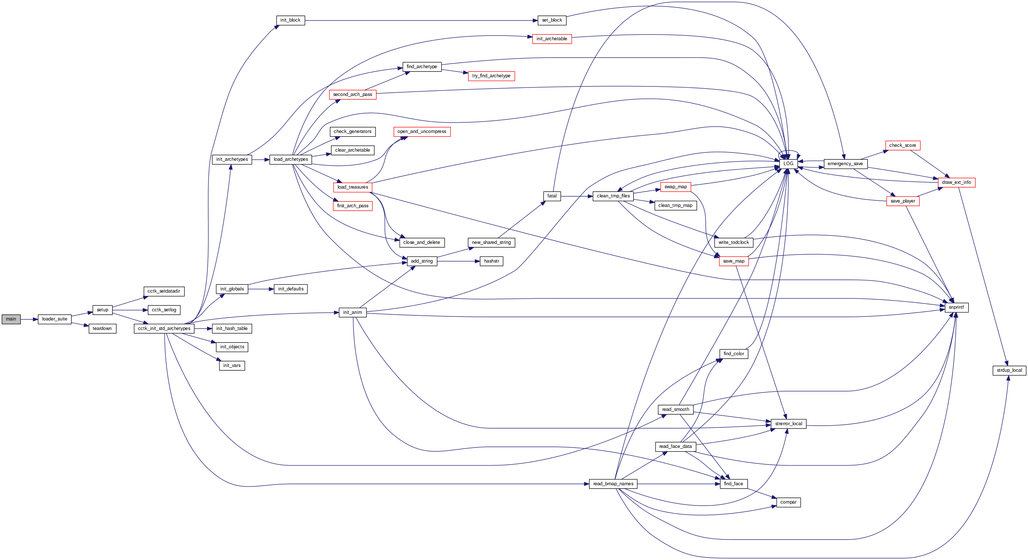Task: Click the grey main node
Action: point(11,319)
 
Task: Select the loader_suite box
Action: point(54,319)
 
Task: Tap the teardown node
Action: point(102,329)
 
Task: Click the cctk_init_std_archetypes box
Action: point(164,329)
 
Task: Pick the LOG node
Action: point(788,164)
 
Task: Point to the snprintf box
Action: point(956,308)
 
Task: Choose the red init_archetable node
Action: point(552,39)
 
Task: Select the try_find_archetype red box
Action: point(491,76)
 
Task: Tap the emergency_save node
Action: point(845,164)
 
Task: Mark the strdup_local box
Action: point(1009,371)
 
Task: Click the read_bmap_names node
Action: point(613,484)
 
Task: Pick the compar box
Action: point(788,502)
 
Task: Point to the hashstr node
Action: point(491,261)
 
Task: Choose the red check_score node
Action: point(902,145)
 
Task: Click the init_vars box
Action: point(232,366)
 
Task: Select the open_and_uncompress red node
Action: point(421,131)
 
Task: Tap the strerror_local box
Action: point(788,424)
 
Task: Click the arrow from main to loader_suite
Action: point(29,319)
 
